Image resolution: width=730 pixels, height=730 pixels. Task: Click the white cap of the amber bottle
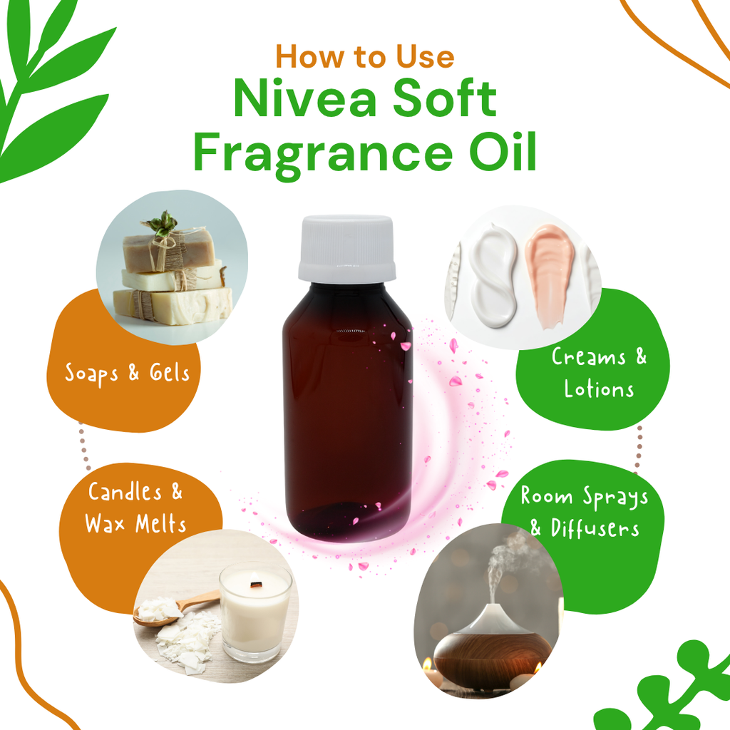(x=346, y=248)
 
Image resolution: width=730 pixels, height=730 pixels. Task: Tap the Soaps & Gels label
(x=128, y=373)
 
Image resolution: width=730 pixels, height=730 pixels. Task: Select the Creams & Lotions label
(x=599, y=373)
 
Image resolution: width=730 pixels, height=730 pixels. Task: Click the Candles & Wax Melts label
(x=135, y=508)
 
